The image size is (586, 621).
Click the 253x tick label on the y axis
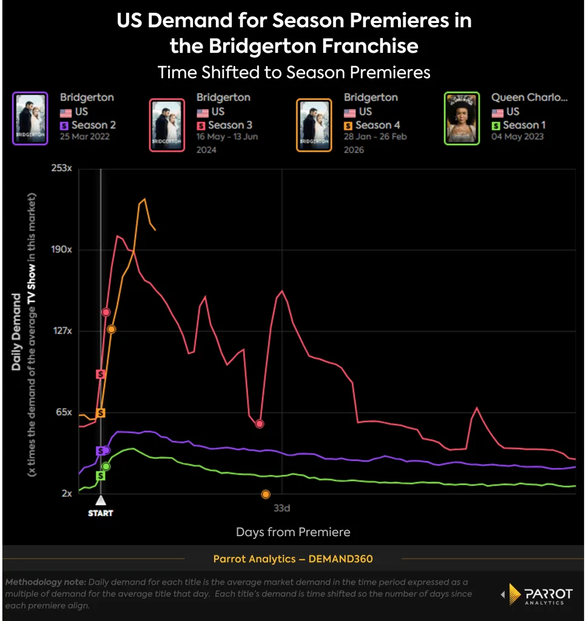click(62, 169)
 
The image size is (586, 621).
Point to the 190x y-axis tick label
click(62, 250)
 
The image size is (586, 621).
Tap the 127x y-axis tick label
click(62, 331)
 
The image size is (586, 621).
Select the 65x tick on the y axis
click(63, 412)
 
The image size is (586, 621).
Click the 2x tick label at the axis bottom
click(66, 494)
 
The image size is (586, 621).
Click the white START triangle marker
click(101, 500)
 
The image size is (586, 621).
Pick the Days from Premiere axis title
click(293, 532)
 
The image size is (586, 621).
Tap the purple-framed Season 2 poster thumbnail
click(30, 118)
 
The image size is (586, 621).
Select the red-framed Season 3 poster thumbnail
click(167, 125)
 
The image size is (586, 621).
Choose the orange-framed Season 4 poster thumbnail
click(314, 125)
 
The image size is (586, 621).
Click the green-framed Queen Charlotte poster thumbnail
click(462, 118)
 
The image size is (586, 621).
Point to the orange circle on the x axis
click(265, 494)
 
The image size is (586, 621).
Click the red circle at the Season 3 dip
click(260, 424)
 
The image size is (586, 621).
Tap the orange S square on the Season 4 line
click(101, 413)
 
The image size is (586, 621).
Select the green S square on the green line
click(101, 475)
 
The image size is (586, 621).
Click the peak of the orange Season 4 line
click(144, 199)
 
